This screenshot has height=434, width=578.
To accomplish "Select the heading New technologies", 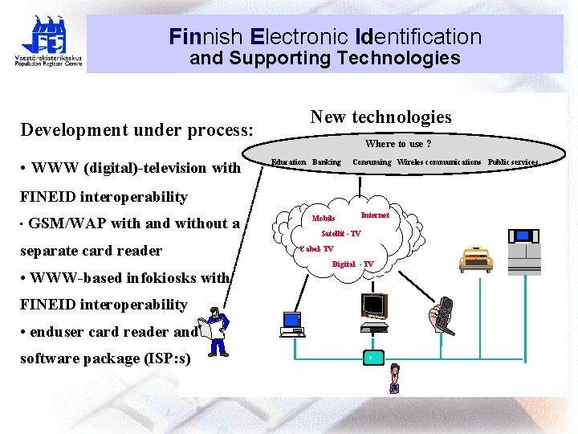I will [x=381, y=117].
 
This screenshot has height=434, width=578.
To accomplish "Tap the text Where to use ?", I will [x=398, y=144].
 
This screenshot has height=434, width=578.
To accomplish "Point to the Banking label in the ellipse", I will [x=326, y=162].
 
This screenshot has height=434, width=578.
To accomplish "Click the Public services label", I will [x=512, y=162].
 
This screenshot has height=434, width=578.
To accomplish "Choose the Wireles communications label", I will [x=438, y=162].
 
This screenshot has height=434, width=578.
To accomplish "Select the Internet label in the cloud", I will [x=375, y=215].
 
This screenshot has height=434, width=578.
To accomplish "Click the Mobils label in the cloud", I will [x=324, y=219].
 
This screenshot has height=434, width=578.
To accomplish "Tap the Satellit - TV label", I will [x=341, y=234].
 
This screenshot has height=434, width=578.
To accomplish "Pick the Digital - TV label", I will [x=352, y=264].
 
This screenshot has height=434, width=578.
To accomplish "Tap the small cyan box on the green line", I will [x=370, y=356].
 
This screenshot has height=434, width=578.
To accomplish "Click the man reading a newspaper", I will [x=215, y=330].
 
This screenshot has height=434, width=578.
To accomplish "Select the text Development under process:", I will [x=136, y=129].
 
